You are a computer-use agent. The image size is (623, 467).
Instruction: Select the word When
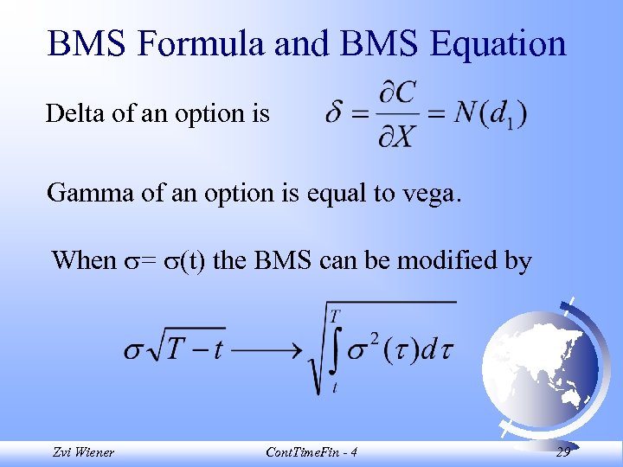point(84,259)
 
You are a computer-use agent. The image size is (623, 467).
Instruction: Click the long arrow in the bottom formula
point(266,350)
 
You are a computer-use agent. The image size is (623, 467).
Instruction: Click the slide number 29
point(562,452)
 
